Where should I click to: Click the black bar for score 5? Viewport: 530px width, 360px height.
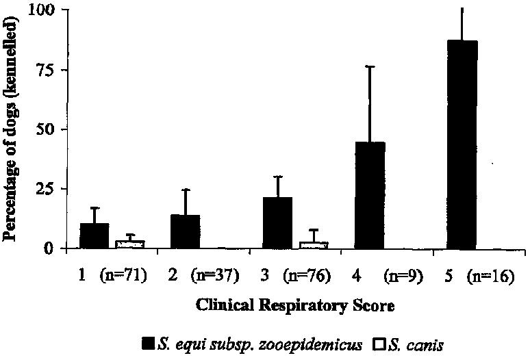coord(462,144)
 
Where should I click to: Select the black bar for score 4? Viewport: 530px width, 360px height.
coord(370,195)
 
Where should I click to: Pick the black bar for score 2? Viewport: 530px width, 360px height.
coord(185,231)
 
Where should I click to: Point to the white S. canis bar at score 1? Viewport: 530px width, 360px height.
coord(129,244)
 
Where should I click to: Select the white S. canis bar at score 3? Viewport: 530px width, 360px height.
coord(313,244)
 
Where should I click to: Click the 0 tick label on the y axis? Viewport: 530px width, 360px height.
coord(49,248)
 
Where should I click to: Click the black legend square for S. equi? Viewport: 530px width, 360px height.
coord(147,344)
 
